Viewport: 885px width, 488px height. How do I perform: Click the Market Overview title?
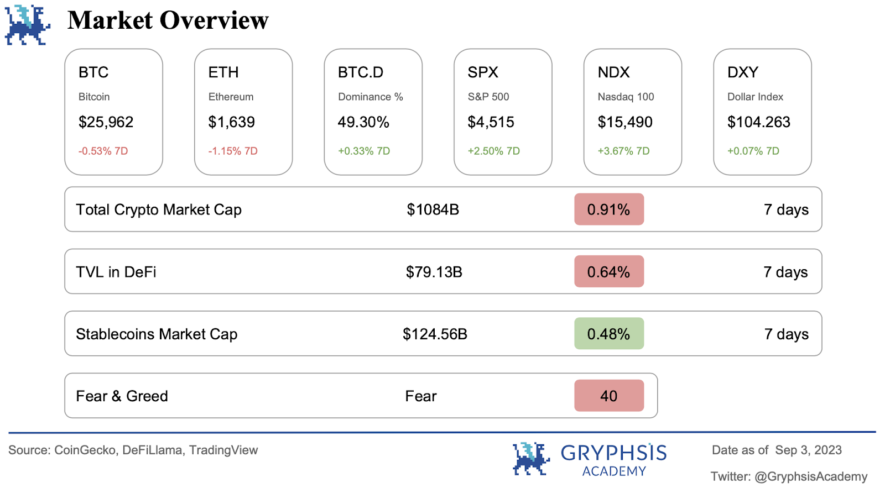pos(168,21)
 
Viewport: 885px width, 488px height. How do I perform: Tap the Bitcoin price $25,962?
pos(106,122)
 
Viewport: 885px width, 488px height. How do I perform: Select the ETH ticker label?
pos(223,72)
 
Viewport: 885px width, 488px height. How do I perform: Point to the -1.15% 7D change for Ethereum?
pos(232,151)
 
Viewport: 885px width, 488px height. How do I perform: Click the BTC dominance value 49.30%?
pos(363,122)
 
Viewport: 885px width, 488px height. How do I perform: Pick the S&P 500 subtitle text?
pos(488,97)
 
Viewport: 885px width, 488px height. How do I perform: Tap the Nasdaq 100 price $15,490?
pos(625,122)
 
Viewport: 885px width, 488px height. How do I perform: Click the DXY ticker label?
pos(742,72)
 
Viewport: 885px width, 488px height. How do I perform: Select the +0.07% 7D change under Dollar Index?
pos(753,151)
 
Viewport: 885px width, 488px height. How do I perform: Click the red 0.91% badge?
pos(608,209)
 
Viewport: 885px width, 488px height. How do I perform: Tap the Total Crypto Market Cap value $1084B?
pos(433,209)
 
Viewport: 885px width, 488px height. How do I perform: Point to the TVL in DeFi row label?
pos(116,272)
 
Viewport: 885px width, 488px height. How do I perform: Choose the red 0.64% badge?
pos(608,272)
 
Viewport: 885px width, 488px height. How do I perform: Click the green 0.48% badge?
pos(608,334)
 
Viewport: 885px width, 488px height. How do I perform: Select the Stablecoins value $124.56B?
pos(435,334)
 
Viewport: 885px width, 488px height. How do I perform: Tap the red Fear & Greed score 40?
pos(608,396)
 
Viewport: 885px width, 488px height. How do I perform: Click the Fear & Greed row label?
pos(122,396)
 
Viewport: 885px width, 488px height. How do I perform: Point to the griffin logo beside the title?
pos(27,25)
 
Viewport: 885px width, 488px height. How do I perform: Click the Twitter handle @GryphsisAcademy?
pos(811,476)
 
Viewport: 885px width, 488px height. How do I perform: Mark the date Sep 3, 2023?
pos(808,450)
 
